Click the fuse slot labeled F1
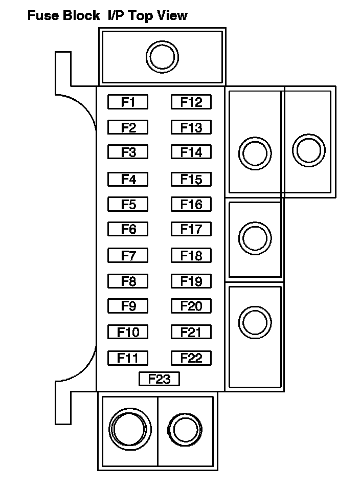[128, 102]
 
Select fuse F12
[191, 102]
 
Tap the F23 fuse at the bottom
[159, 379]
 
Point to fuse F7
[128, 255]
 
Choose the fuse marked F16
[191, 205]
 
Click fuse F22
[191, 358]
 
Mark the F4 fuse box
[128, 180]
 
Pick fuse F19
[191, 281]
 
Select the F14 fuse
[191, 152]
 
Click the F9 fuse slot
[128, 306]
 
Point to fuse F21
[191, 332]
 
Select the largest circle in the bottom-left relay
[130, 429]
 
